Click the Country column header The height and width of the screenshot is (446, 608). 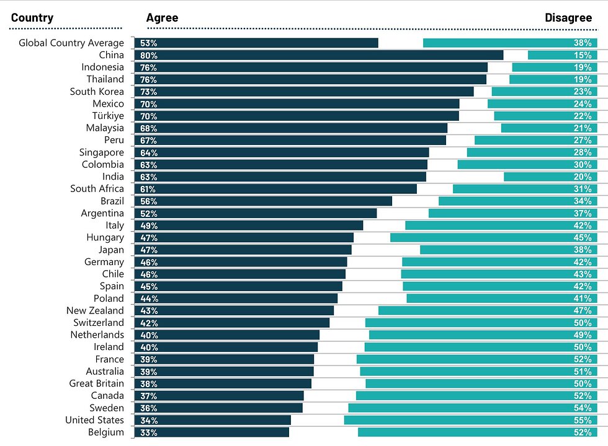(32, 18)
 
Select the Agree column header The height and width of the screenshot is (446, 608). (162, 18)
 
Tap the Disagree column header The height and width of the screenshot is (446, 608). (568, 18)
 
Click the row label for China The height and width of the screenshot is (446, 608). (111, 55)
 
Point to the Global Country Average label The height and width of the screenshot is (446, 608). (71, 43)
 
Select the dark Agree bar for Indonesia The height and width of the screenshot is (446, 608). (310, 67)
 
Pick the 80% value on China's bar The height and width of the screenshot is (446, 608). (148, 55)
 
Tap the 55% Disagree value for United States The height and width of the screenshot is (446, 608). (583, 420)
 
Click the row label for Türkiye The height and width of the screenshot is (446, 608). (108, 116)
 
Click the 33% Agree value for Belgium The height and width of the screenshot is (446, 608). (148, 432)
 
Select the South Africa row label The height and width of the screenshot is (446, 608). (97, 189)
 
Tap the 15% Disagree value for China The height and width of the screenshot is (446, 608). (583, 55)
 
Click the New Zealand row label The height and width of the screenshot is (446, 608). (95, 310)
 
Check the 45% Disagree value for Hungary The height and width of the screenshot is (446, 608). (583, 237)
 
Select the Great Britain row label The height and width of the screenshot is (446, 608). (96, 383)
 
